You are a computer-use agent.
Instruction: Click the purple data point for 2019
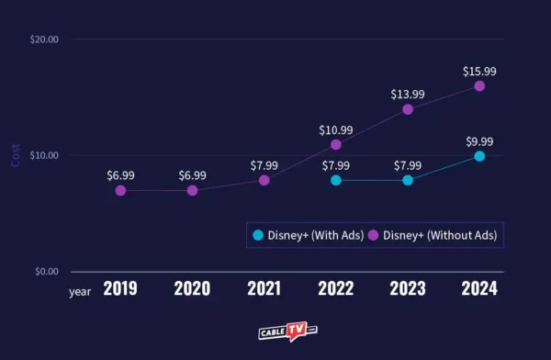pyautogui.click(x=120, y=190)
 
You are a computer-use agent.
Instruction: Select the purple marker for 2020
pyautogui.click(x=192, y=190)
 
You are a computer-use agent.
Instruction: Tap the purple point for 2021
pyautogui.click(x=264, y=180)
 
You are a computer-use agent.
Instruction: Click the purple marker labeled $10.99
pyautogui.click(x=336, y=144)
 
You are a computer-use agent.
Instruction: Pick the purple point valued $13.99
pyautogui.click(x=408, y=109)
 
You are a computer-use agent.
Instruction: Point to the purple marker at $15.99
pyautogui.click(x=479, y=86)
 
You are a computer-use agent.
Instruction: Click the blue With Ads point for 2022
pyautogui.click(x=336, y=180)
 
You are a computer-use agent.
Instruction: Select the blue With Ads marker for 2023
pyautogui.click(x=408, y=180)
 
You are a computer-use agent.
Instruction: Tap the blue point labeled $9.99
pyautogui.click(x=479, y=156)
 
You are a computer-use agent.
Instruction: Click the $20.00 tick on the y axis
pyautogui.click(x=44, y=39)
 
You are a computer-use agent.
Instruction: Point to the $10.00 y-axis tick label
pyautogui.click(x=44, y=155)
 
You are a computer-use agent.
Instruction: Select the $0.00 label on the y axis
pyautogui.click(x=46, y=272)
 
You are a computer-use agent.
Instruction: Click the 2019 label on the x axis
pyautogui.click(x=120, y=289)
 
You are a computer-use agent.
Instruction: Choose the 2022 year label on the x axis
pyautogui.click(x=336, y=289)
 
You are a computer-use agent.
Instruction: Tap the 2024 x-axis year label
pyautogui.click(x=479, y=289)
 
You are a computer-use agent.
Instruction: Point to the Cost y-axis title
pyautogui.click(x=16, y=155)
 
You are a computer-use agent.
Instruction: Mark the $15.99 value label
pyautogui.click(x=479, y=68)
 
